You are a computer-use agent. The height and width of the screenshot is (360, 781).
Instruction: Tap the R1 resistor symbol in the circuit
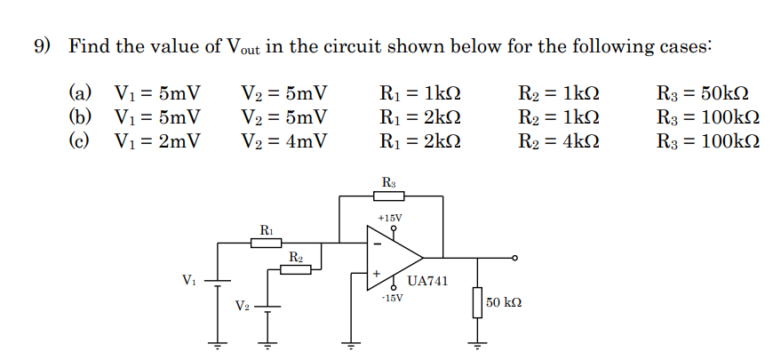266,242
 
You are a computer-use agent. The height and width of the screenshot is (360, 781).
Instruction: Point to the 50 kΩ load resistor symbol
478,301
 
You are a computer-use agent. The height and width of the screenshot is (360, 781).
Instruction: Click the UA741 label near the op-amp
427,281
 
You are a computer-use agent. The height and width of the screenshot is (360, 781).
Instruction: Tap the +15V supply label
389,217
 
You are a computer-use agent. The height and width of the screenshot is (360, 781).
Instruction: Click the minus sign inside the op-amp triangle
376,242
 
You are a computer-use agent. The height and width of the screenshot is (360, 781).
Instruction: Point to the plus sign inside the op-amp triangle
376,273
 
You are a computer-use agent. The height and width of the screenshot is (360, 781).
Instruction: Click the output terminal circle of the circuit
514,258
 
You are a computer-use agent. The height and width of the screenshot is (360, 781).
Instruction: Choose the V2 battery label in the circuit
242,306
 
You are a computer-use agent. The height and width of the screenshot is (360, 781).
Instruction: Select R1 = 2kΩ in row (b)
419,116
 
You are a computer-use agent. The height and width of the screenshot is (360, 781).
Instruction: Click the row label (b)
81,116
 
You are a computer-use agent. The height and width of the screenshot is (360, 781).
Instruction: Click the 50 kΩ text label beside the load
504,303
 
